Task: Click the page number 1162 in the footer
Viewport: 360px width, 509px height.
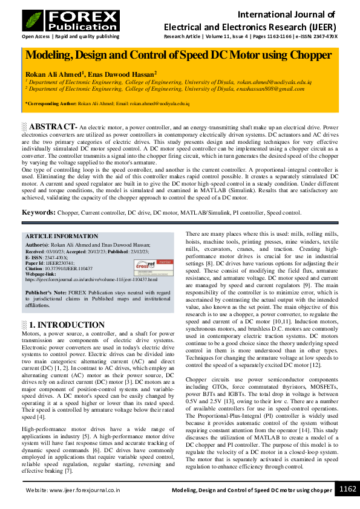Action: coord(347,489)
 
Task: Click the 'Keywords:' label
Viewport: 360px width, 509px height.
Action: coord(39,213)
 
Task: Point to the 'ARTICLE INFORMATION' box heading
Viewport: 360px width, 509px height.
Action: coord(62,236)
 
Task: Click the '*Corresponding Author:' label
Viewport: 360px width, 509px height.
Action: coord(51,104)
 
